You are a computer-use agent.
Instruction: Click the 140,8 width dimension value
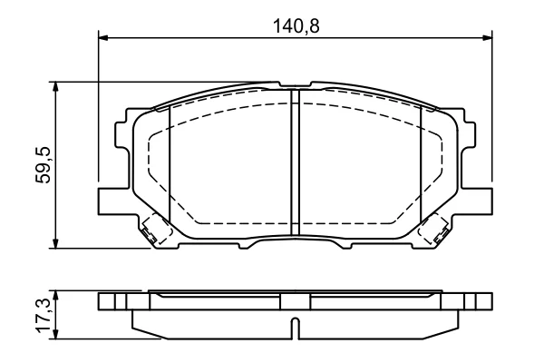click(296, 26)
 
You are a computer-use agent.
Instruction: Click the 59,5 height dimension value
click(44, 165)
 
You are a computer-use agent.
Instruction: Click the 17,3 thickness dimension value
click(44, 314)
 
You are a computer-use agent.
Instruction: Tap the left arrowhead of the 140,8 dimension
click(103, 37)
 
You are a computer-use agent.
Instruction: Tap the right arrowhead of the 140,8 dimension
click(486, 37)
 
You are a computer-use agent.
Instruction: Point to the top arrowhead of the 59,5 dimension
click(54, 87)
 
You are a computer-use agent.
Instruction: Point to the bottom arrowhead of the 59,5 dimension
click(54, 243)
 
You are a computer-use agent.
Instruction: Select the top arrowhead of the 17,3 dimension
click(54, 296)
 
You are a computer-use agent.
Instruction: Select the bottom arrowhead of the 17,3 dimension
click(54, 334)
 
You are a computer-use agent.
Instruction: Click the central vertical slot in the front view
click(295, 162)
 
